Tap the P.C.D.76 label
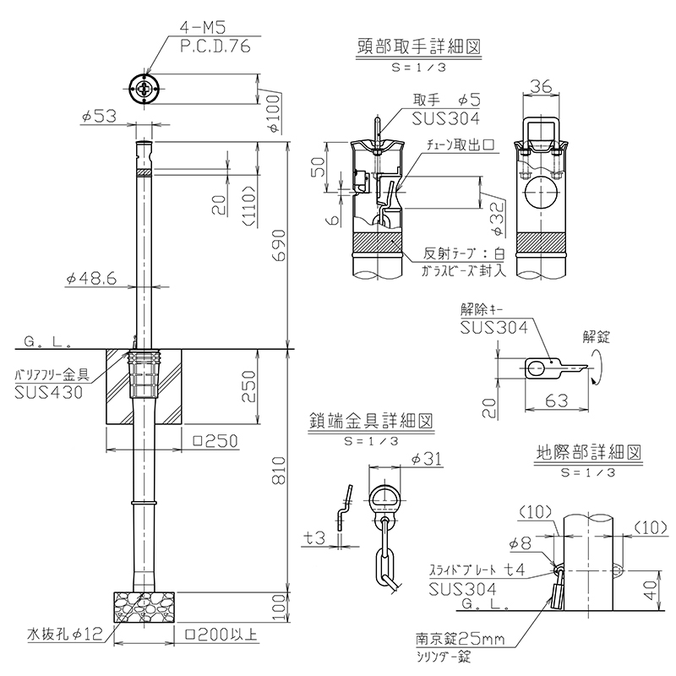coord(215,48)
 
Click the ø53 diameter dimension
coord(100,118)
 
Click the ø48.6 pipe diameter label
coord(92,279)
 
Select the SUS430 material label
coord(49,392)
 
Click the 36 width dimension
coord(542,86)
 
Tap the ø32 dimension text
coord(497,216)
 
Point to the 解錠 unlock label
coord(596,335)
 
